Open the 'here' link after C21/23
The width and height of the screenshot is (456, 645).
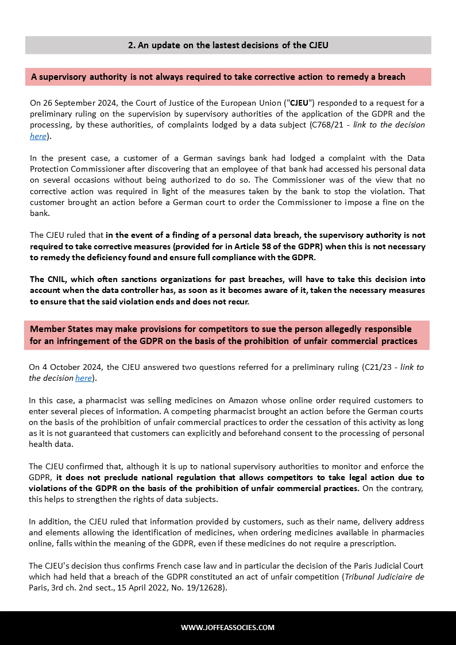[83, 378]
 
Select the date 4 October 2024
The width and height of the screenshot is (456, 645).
[71, 367]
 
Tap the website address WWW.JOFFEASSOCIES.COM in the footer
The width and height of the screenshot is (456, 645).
[228, 627]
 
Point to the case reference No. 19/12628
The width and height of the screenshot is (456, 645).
[197, 588]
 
